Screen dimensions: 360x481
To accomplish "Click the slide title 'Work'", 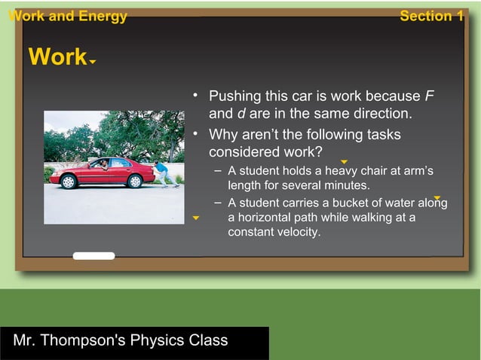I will [57, 57].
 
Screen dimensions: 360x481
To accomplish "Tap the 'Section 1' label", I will [431, 16].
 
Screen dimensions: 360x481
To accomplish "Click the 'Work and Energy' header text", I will [66, 16].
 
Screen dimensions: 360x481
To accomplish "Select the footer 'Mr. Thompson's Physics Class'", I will [121, 340].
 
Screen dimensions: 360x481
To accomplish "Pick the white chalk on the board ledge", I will [93, 256].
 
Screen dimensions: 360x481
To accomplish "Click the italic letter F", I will [430, 96].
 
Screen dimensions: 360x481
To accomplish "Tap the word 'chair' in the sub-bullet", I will [380, 171].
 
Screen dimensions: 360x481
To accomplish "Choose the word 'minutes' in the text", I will [345, 185].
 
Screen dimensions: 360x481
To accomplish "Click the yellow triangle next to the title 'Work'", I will [92, 63].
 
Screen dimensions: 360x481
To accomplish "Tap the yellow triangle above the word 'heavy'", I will [344, 162].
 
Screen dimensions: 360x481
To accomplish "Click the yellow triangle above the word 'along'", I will [437, 197].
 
